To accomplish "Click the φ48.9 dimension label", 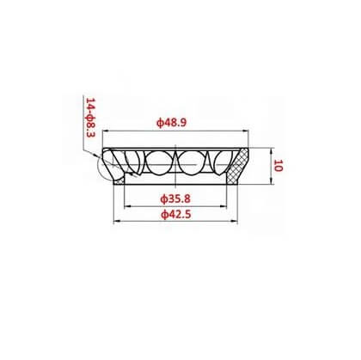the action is point(171,123).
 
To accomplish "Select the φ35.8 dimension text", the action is point(175,198).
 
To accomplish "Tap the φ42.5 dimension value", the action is point(175,214).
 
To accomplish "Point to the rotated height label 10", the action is point(278,166).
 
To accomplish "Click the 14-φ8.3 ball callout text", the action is point(90,118).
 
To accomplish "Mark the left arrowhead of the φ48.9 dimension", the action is point(106,131).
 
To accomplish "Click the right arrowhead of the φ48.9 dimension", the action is point(246,131).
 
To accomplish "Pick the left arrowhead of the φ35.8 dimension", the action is point(127,206).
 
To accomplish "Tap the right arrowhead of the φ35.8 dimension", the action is point(223,206).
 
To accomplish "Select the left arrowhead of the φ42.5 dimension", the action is point(117,221).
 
